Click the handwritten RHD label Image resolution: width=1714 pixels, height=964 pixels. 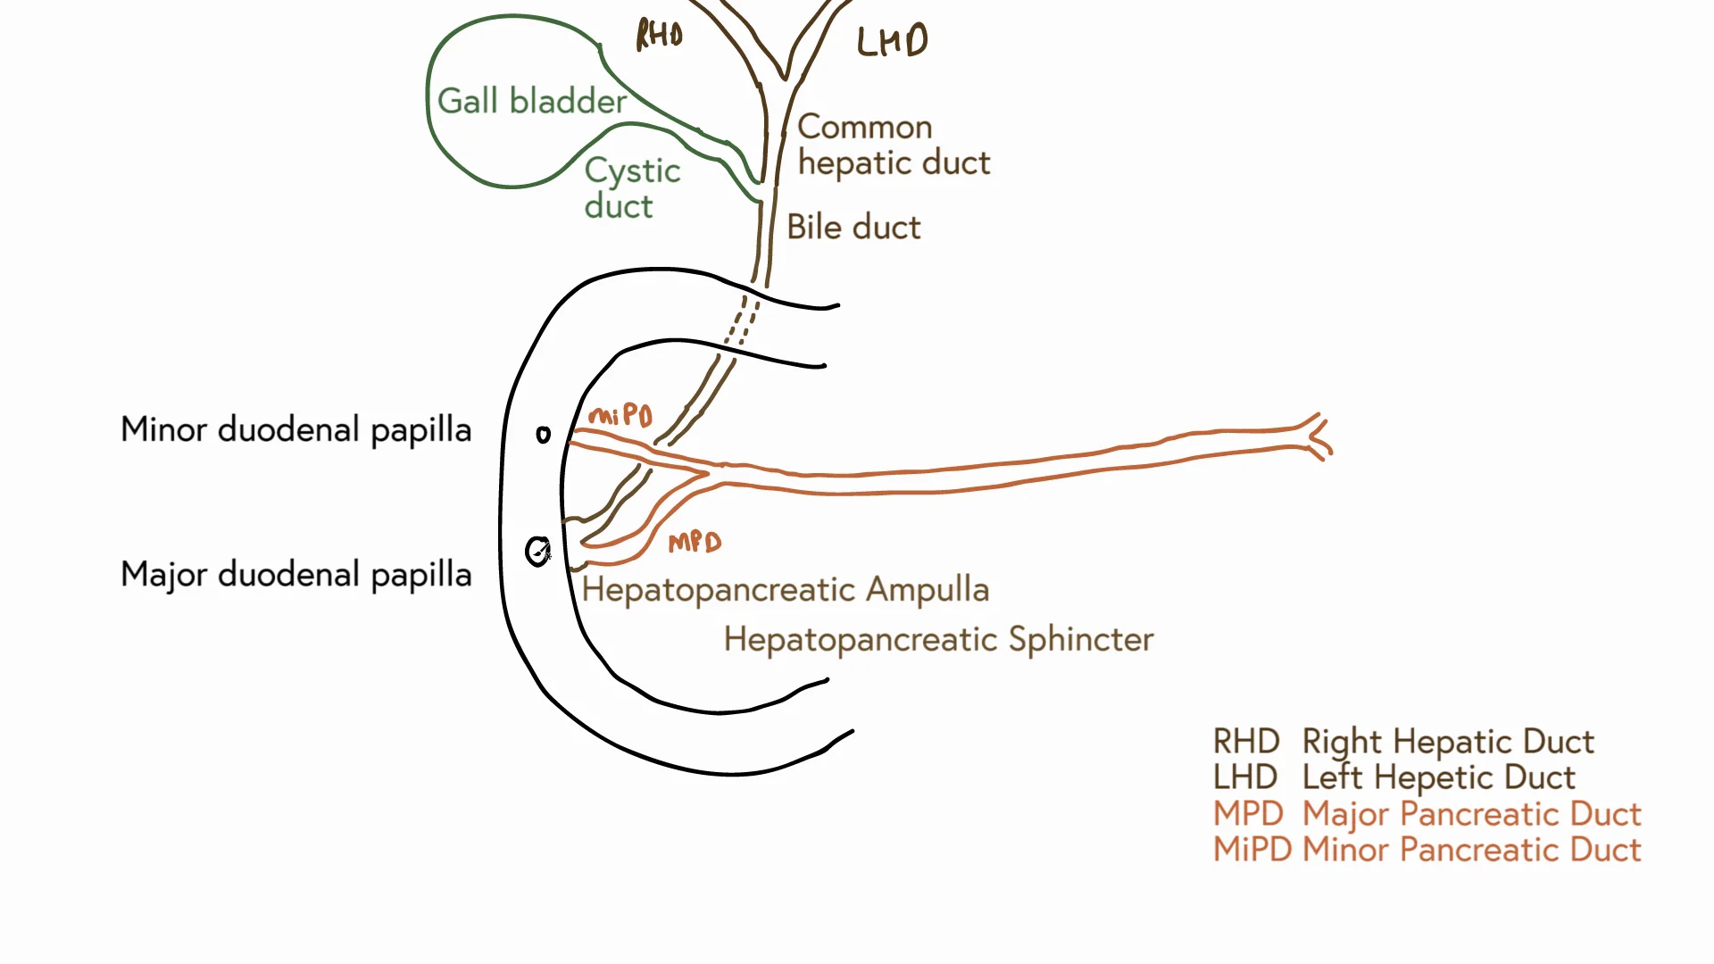659,35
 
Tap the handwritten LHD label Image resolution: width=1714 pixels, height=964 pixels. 892,41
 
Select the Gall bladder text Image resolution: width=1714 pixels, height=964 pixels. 532,101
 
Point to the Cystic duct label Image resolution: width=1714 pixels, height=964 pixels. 631,188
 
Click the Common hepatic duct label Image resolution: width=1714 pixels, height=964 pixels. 893,145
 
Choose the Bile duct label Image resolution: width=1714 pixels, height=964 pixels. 853,228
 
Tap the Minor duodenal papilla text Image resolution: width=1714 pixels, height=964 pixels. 295,429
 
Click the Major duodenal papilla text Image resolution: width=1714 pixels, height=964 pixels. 295,574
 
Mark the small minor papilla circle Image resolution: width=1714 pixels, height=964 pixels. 543,435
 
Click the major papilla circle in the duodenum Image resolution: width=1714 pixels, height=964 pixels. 537,552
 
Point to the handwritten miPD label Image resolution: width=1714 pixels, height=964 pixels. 621,415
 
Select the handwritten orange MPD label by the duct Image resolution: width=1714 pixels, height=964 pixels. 695,542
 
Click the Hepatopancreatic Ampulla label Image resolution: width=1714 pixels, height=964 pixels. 785,590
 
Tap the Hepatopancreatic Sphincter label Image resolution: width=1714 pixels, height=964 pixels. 938,640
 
